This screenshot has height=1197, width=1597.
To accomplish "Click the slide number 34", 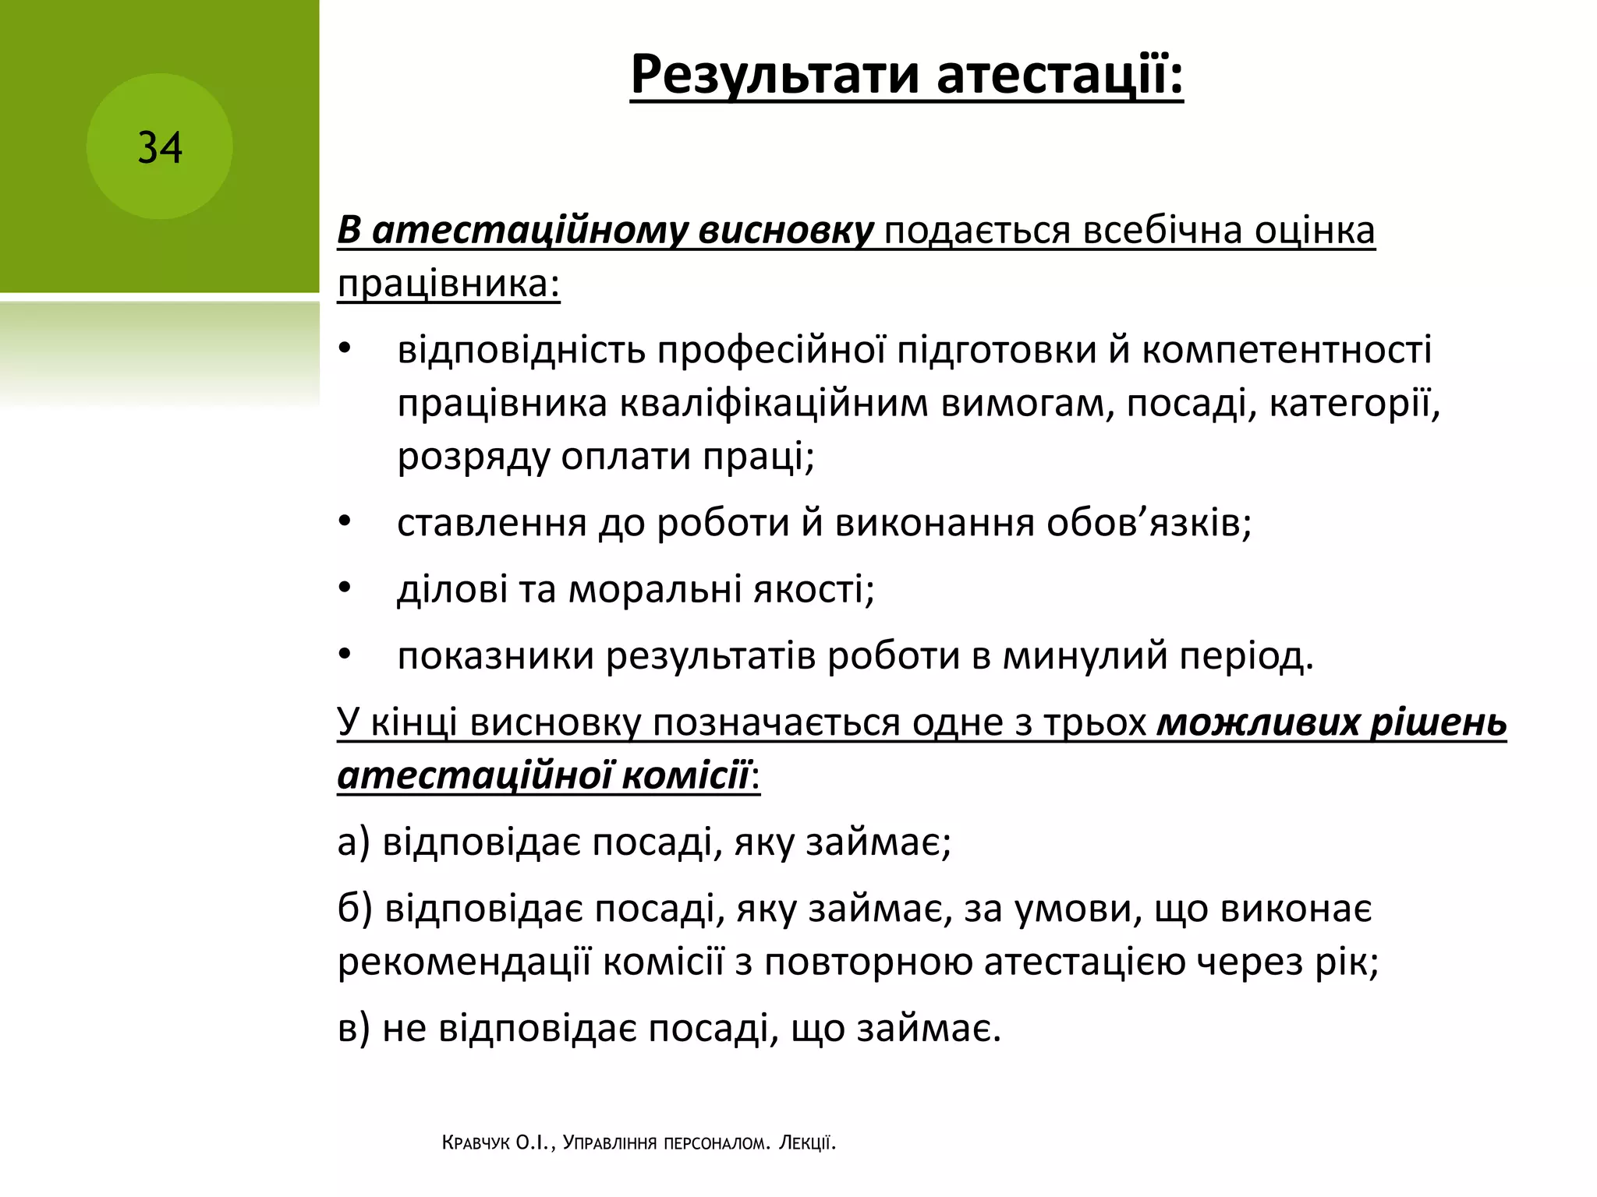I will [160, 147].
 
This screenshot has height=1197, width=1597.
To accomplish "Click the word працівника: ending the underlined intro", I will [448, 284].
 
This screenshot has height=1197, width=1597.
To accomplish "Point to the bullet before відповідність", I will [345, 350].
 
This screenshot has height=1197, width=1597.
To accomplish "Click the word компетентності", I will [1287, 350].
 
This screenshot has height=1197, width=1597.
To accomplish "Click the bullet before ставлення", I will [345, 522].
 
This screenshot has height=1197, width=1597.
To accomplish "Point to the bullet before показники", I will [345, 655].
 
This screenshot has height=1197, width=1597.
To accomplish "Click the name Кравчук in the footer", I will [476, 1143].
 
